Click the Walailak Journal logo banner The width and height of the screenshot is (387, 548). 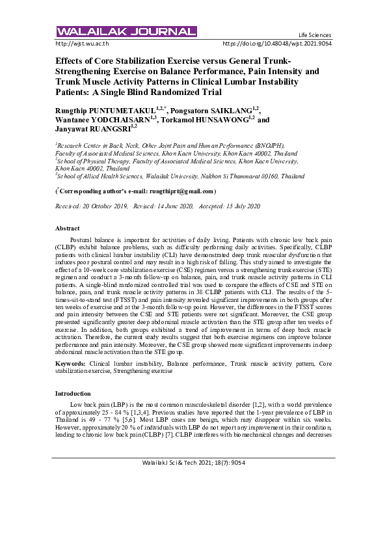[126, 32]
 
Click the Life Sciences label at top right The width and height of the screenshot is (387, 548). [315, 35]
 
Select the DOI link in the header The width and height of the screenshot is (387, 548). [277, 44]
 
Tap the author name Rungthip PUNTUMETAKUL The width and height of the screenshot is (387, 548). [110, 111]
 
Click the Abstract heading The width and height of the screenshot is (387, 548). [67, 228]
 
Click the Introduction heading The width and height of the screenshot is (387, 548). [73, 394]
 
